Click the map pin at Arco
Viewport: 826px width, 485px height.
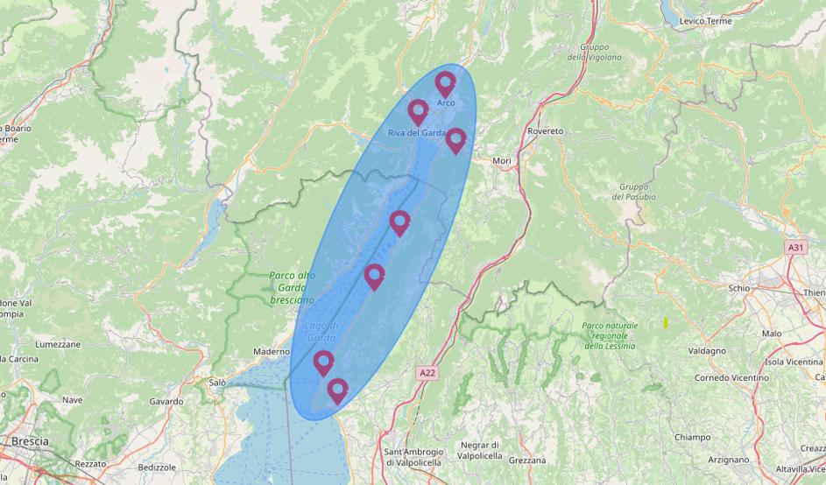coord(445,83)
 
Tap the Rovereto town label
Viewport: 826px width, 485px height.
coord(545,131)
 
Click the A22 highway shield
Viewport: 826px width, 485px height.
coord(427,373)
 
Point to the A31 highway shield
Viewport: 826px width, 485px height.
coord(794,248)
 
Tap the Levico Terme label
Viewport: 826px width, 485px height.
coord(705,21)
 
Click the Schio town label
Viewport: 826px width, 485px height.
coord(738,288)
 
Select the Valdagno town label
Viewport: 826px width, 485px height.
coord(707,351)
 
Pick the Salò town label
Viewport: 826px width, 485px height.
coord(217,383)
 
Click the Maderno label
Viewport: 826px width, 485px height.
coord(271,352)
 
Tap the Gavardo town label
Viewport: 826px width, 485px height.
coord(166,402)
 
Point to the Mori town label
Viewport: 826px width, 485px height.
coord(501,161)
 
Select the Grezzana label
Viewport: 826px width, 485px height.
coord(526,460)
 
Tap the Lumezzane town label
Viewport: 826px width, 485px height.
coord(58,345)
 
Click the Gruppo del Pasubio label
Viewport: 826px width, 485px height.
coord(637,192)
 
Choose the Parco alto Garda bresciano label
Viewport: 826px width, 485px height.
coord(292,287)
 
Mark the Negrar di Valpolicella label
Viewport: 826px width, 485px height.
coord(481,450)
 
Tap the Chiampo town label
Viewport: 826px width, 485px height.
coord(692,437)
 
